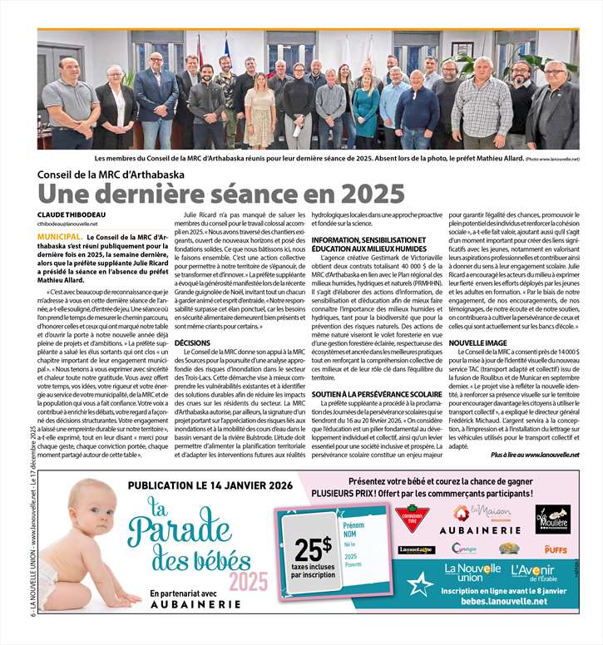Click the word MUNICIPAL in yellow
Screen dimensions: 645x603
58,237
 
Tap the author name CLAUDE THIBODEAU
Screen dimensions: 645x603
71,214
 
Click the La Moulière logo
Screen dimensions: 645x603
551,519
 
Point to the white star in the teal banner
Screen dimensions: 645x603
422,583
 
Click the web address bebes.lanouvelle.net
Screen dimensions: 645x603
507,599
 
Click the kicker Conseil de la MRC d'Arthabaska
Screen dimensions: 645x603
111,175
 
